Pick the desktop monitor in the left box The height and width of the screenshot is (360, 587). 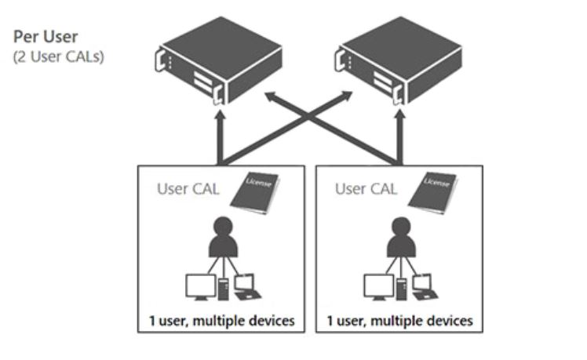click(199, 286)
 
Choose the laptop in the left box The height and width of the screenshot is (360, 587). click(246, 286)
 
